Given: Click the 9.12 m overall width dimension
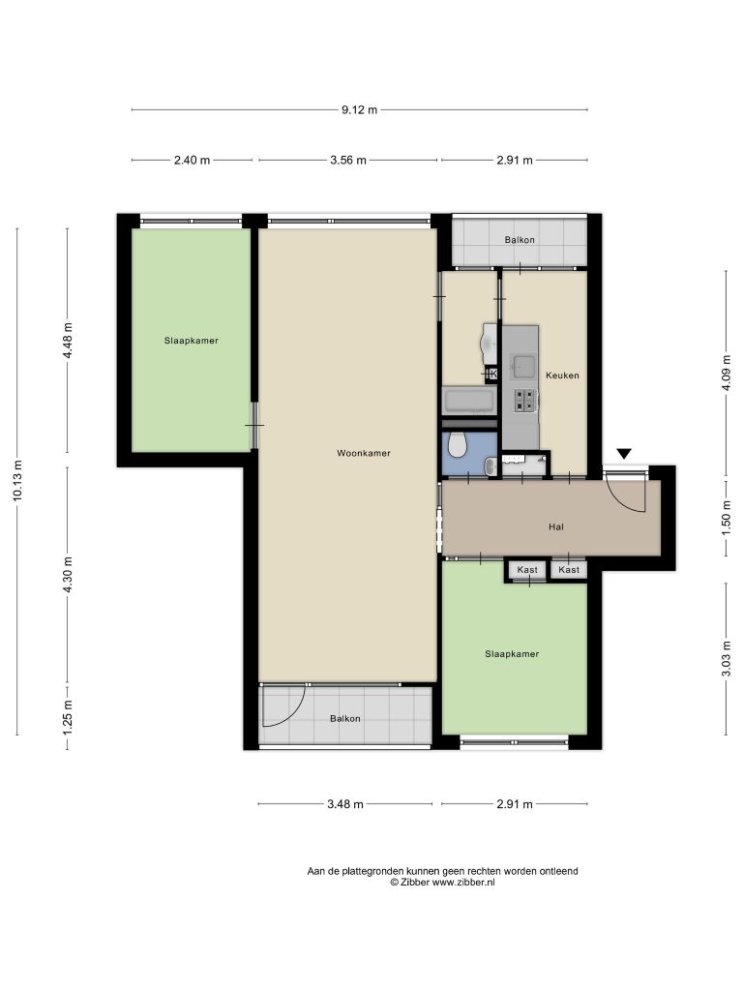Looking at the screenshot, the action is (360, 110).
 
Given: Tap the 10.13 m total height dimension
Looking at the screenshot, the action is (17, 481).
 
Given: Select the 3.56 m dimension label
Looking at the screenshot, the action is (348, 160).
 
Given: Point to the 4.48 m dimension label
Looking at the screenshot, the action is (68, 340).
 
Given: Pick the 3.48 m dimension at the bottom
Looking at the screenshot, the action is (345, 804).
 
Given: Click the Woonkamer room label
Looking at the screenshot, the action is (364, 453).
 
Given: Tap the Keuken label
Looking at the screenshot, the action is (562, 375).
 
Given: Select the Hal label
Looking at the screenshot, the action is (556, 526).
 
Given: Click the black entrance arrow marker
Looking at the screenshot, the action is (624, 453).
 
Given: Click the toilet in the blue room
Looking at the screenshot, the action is (457, 445).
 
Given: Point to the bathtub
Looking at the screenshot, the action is (469, 402).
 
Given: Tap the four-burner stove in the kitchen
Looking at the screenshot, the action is (525, 400).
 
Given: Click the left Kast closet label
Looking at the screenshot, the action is (527, 569).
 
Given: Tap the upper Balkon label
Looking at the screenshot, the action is (520, 240).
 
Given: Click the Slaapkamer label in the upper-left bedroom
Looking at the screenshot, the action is (192, 341).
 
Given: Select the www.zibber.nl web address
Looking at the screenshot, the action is (463, 883).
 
